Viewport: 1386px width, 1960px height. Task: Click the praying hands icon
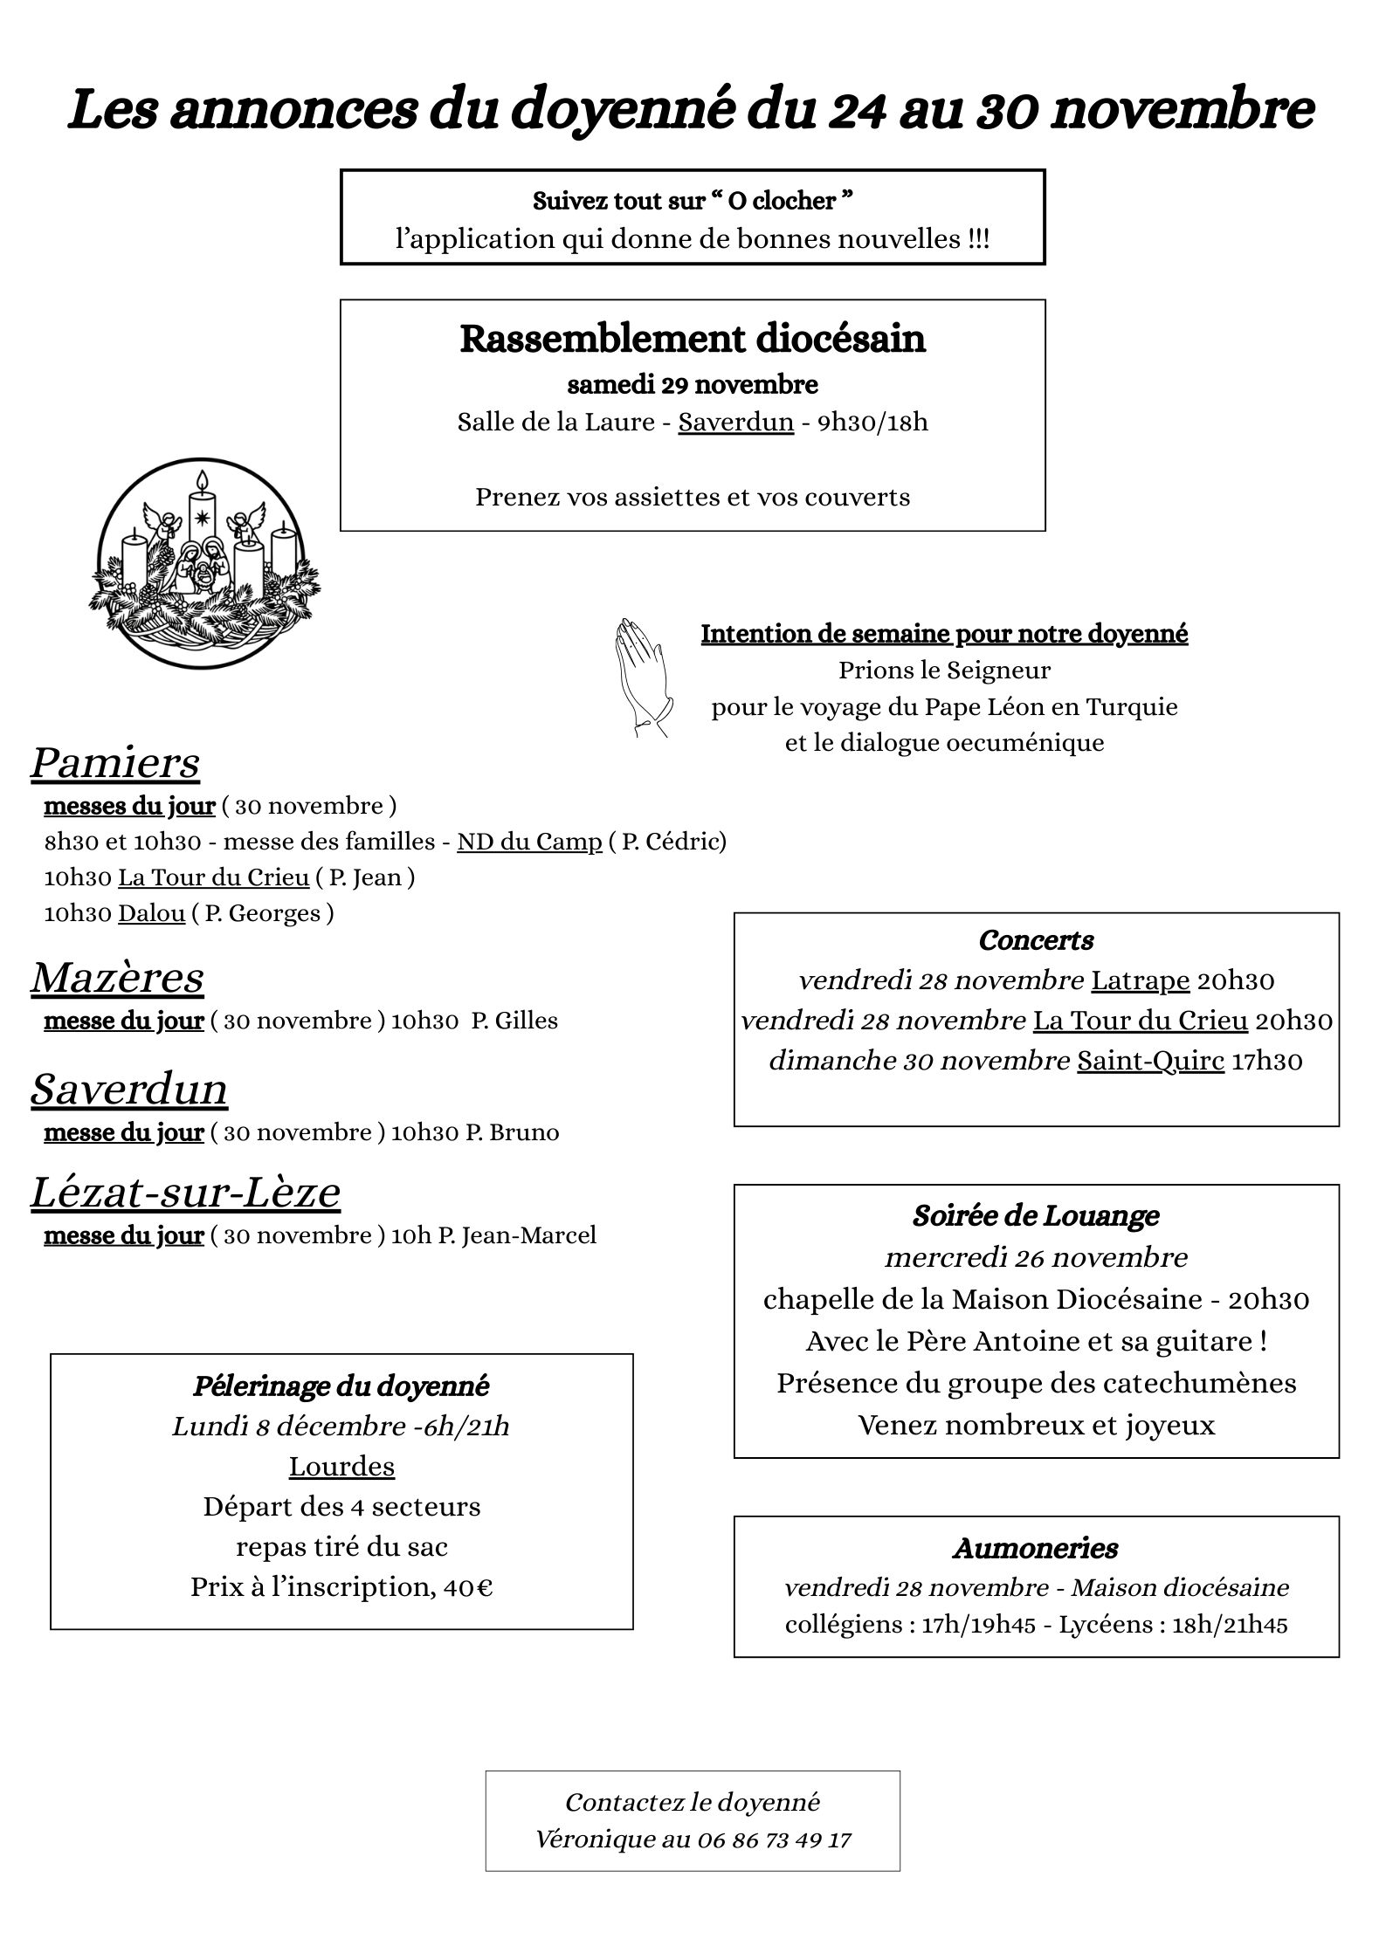[642, 677]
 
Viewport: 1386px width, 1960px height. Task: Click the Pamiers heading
[115, 763]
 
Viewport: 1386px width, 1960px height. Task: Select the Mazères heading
[117, 978]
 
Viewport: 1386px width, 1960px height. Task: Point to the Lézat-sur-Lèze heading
[185, 1193]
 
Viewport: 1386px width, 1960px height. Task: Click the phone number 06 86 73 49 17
[774, 1840]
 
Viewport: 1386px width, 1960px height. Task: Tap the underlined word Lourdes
[341, 1466]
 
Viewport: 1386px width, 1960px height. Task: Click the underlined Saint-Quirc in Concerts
[1150, 1061]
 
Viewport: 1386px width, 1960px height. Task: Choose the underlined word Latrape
[1140, 980]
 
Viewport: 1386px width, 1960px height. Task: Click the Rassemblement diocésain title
[693, 339]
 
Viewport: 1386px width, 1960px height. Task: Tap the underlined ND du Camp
[529, 842]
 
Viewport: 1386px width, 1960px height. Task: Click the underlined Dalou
[151, 913]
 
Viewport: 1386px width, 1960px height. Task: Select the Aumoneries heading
[1036, 1548]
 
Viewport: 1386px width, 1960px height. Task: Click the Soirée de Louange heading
[1036, 1215]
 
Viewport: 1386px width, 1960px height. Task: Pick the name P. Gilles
[514, 1021]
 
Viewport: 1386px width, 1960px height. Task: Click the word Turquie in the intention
[1131, 706]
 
